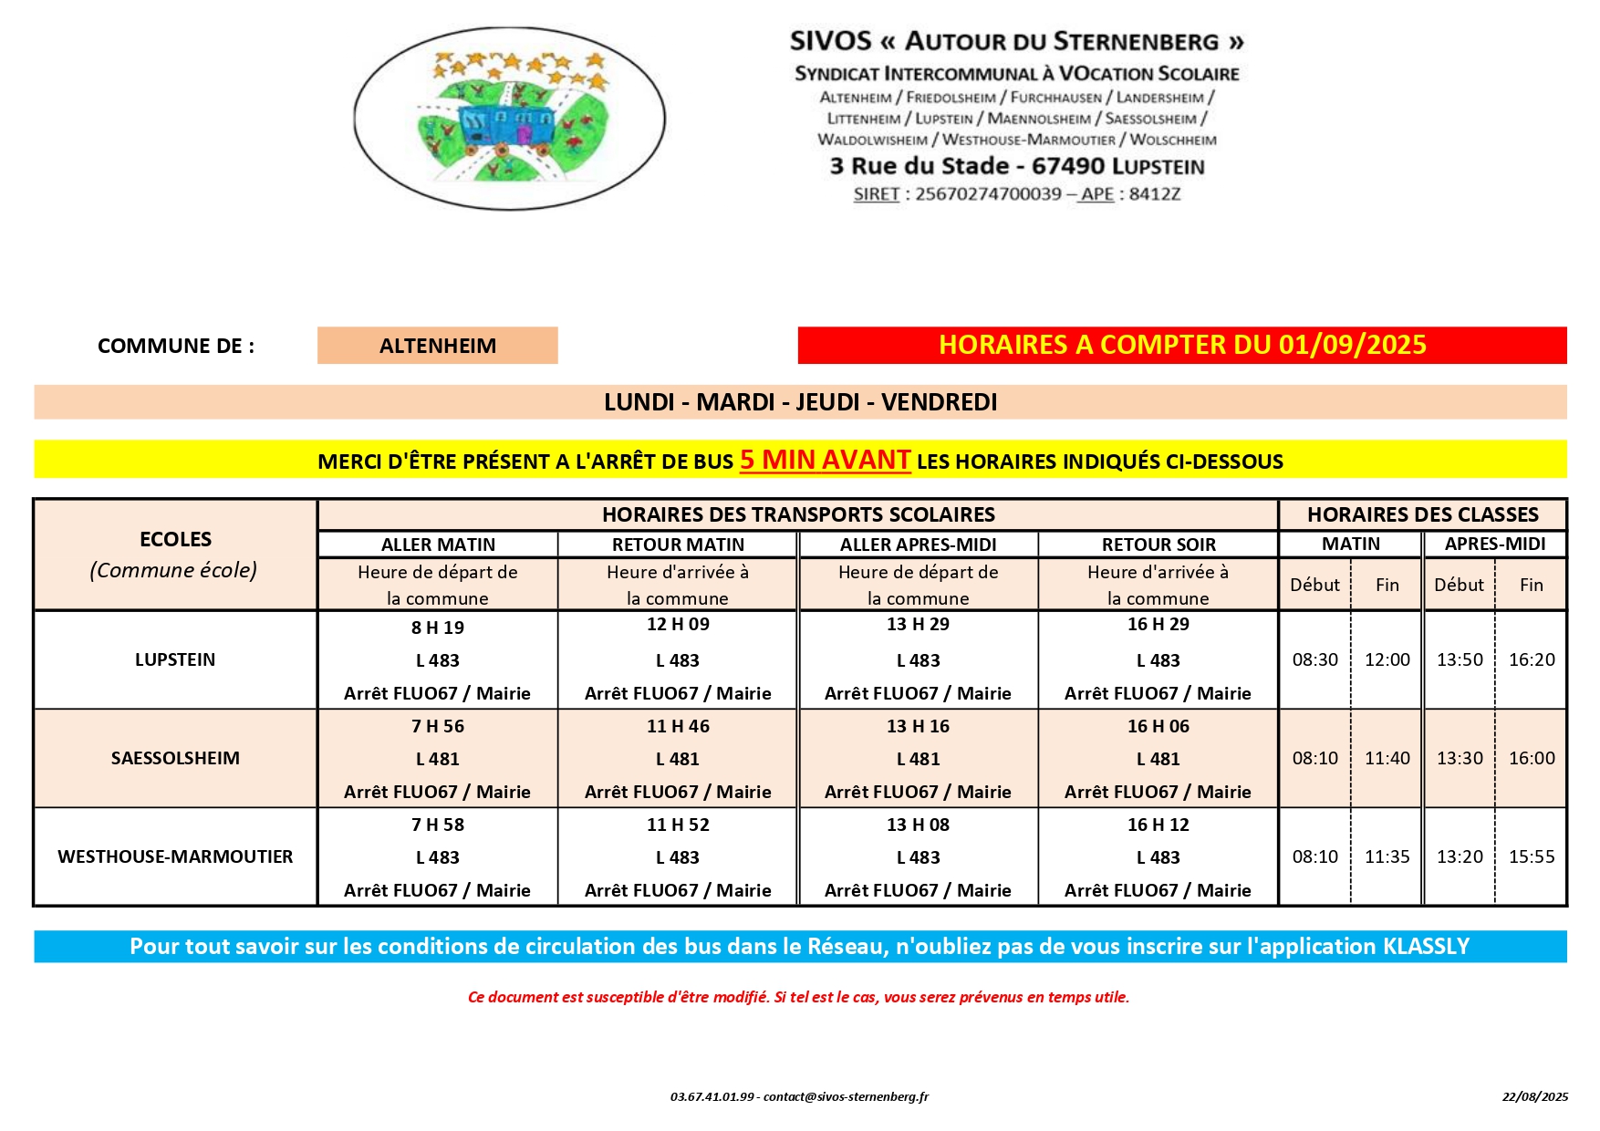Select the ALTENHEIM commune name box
(438, 346)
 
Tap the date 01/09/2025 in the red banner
(1352, 345)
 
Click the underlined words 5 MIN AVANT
(825, 460)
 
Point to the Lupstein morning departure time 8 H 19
(438, 628)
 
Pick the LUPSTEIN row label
(175, 659)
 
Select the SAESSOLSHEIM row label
(175, 758)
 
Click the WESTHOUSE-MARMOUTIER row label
(175, 856)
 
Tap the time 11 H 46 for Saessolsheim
(678, 726)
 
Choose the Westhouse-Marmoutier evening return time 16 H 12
(1158, 825)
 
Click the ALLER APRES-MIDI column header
(918, 545)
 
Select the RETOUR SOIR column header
(1158, 545)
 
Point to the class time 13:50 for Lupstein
(1460, 659)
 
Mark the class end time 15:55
(1532, 856)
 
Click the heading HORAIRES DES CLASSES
(1422, 514)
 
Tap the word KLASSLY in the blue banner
(1426, 946)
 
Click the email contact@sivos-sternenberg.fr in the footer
(846, 1096)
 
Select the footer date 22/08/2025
(1535, 1096)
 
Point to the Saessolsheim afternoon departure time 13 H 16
(918, 726)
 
